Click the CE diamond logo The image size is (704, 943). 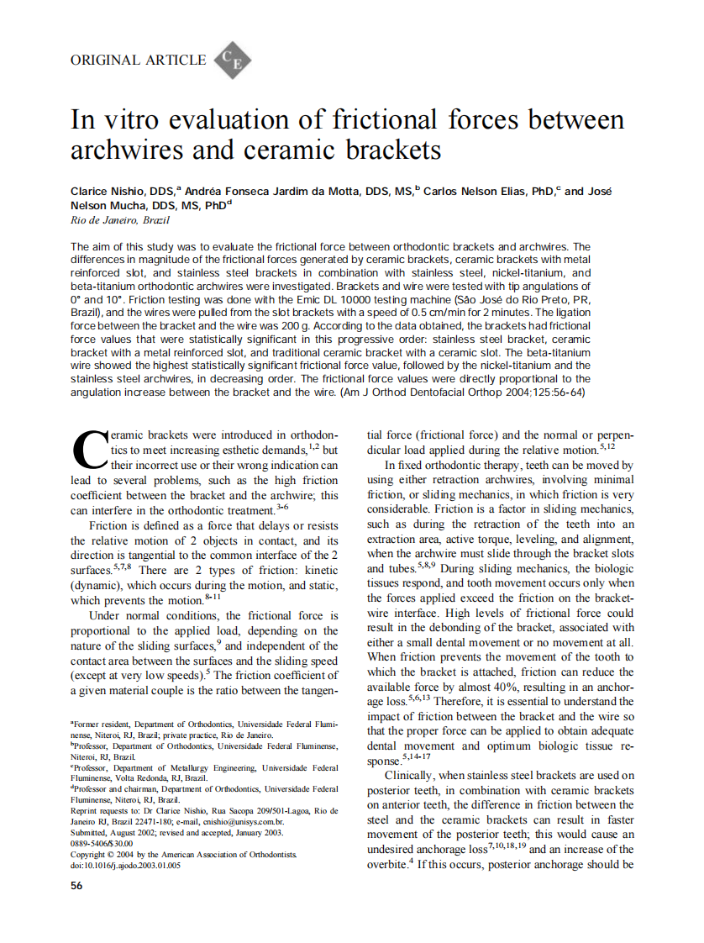click(233, 61)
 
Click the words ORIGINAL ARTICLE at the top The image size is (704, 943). click(139, 60)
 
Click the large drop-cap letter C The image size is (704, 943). click(88, 451)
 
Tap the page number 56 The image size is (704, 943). click(76, 886)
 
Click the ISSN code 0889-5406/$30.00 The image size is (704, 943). click(102, 843)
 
